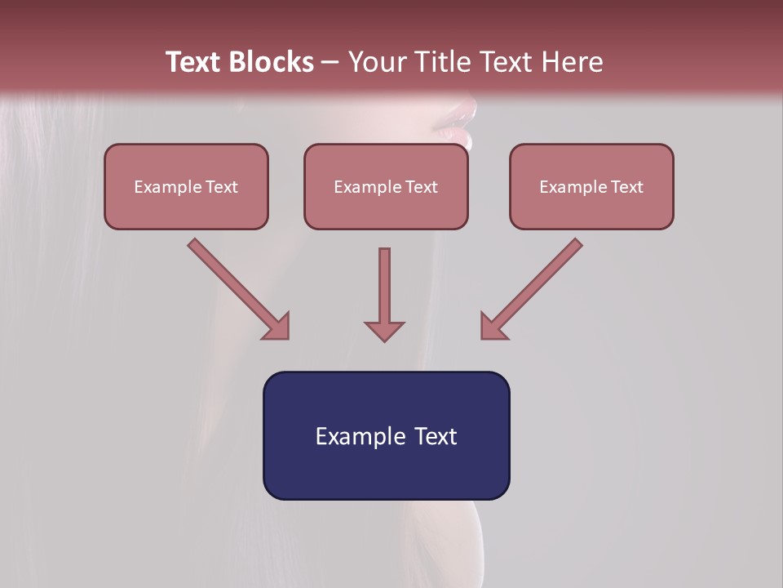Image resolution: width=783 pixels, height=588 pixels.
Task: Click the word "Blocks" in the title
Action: click(x=271, y=62)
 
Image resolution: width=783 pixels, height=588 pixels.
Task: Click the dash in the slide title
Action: click(x=330, y=63)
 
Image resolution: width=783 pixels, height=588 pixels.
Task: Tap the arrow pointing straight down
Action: click(x=384, y=294)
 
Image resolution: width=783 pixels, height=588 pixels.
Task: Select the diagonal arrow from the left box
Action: click(x=238, y=288)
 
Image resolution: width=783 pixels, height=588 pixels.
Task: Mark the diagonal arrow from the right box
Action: click(x=532, y=288)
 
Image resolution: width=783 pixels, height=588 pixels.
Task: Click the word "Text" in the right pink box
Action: click(x=627, y=187)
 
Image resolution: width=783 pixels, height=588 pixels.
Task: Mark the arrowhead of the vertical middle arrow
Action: click(x=384, y=331)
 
